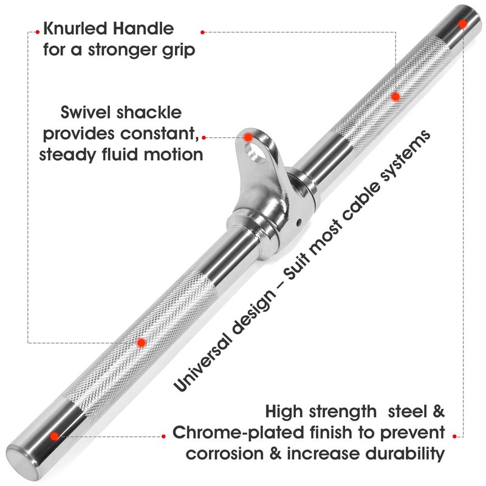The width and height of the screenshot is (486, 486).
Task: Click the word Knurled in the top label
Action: tap(75, 28)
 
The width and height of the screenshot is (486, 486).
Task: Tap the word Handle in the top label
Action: tap(143, 28)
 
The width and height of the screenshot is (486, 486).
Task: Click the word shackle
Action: tap(149, 112)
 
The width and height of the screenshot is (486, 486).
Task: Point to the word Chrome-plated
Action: tap(238, 433)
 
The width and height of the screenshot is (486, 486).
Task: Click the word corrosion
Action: tap(225, 453)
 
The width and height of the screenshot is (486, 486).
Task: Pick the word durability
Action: tap(405, 454)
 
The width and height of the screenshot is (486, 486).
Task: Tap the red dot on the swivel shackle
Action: tap(248, 137)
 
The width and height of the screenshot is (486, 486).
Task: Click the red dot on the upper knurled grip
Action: tap(395, 97)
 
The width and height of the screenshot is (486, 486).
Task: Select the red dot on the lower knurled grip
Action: tap(142, 343)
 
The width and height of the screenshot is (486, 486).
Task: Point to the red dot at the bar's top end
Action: tap(462, 24)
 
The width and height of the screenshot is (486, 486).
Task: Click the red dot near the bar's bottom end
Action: tap(55, 436)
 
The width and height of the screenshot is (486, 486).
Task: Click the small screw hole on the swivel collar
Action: tap(299, 222)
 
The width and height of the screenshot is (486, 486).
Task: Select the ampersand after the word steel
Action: tap(437, 412)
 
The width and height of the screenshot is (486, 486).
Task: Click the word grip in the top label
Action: tap(179, 50)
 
